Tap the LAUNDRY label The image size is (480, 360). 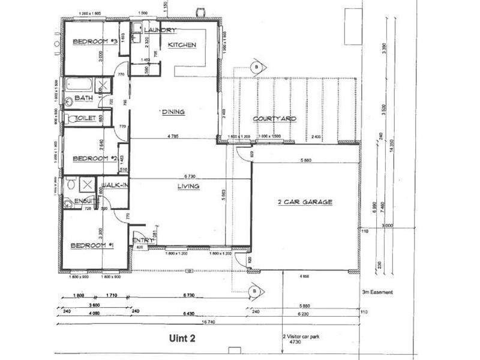pos(159,30)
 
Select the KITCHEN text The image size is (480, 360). pos(182,45)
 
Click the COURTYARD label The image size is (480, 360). pos(274,119)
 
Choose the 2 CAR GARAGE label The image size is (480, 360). pos(305,202)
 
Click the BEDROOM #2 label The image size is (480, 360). pos(94,158)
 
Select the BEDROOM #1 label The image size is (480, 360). pos(92,245)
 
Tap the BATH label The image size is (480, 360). pos(83,98)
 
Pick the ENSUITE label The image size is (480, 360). pos(77,202)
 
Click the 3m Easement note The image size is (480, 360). pos(377,292)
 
